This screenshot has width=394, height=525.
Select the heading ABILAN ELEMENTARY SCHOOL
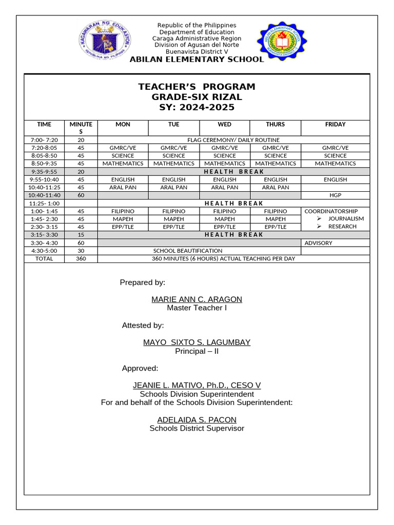coord(196,59)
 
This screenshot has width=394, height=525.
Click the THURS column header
coord(275,125)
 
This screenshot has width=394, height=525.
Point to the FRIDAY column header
coord(335,125)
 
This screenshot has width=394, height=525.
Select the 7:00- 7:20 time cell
coord(44,140)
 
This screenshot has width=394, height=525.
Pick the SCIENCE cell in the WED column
coord(225,156)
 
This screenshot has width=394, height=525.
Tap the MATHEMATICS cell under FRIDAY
coord(335,164)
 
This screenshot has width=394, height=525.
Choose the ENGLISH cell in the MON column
coord(123,180)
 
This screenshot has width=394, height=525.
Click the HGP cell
coord(335,195)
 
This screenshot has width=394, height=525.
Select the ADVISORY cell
coord(318,243)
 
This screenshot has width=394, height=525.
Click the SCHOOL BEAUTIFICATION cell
coord(188,251)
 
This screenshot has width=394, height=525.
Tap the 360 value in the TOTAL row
coord(81,259)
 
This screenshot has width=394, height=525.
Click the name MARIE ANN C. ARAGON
coord(196,299)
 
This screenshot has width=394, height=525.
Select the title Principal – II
coord(196,351)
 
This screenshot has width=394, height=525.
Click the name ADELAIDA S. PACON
coord(196,420)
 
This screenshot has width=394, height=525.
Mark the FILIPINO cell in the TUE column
coord(174,211)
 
